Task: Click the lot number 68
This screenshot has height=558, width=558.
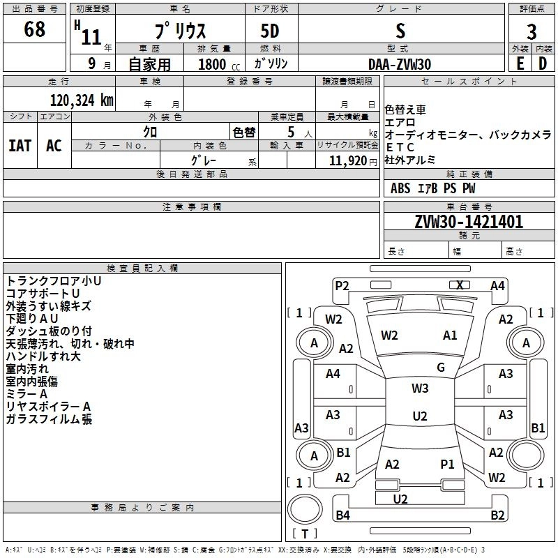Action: (x=34, y=30)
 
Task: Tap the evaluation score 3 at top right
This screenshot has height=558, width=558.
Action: (x=531, y=32)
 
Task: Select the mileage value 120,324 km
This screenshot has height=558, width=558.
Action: (x=82, y=100)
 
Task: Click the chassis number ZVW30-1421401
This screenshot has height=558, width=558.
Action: (x=468, y=222)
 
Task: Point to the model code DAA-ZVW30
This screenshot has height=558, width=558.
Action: (x=400, y=64)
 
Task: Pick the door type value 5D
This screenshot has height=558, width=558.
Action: (x=271, y=32)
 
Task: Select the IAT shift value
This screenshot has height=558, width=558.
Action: (x=20, y=146)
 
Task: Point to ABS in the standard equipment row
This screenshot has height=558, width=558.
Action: (x=400, y=188)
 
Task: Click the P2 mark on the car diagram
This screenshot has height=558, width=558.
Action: (x=342, y=285)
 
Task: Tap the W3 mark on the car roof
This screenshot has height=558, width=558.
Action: (x=420, y=388)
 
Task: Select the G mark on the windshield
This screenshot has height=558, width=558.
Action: (x=441, y=367)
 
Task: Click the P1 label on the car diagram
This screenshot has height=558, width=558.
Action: (x=447, y=464)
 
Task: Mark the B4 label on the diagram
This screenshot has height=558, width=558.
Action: (x=342, y=515)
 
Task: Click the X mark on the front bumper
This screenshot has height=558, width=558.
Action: (x=460, y=285)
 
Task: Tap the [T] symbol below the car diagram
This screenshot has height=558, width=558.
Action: (x=305, y=534)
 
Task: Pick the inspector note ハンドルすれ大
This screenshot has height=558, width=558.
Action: (x=43, y=356)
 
